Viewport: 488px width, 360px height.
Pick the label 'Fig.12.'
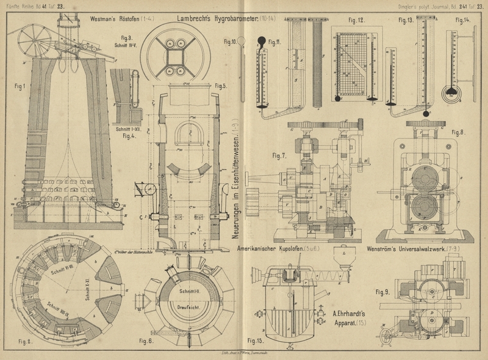click(357, 21)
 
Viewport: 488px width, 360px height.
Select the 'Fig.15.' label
click(256, 340)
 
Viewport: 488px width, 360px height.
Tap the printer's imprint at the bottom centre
click(244, 353)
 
